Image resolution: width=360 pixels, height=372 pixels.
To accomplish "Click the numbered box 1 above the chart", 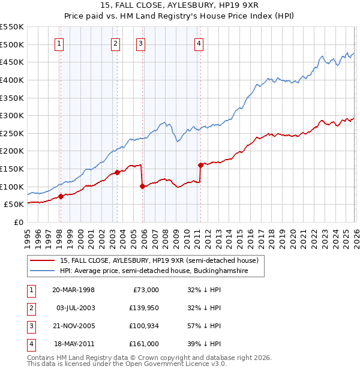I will pyautogui.click(x=60, y=43).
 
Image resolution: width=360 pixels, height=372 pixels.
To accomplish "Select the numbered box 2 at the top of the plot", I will pyautogui.click(x=115, y=43).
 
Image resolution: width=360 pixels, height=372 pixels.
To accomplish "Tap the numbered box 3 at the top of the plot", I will pyautogui.click(x=140, y=43).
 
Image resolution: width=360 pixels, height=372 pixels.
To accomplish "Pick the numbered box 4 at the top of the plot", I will pyautogui.click(x=199, y=43).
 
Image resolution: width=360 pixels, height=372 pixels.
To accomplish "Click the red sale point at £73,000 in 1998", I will pyautogui.click(x=61, y=196).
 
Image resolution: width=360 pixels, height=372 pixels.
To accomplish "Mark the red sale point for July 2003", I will pyautogui.click(x=117, y=172).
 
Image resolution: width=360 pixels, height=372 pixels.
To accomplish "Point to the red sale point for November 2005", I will pyautogui.click(x=142, y=186).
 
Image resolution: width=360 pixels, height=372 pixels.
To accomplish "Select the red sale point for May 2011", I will pyautogui.click(x=200, y=164).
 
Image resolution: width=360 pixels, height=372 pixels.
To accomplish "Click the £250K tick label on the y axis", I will pyautogui.click(x=12, y=133).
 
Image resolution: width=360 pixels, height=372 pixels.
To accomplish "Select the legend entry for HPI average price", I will pyautogui.click(x=162, y=271).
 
